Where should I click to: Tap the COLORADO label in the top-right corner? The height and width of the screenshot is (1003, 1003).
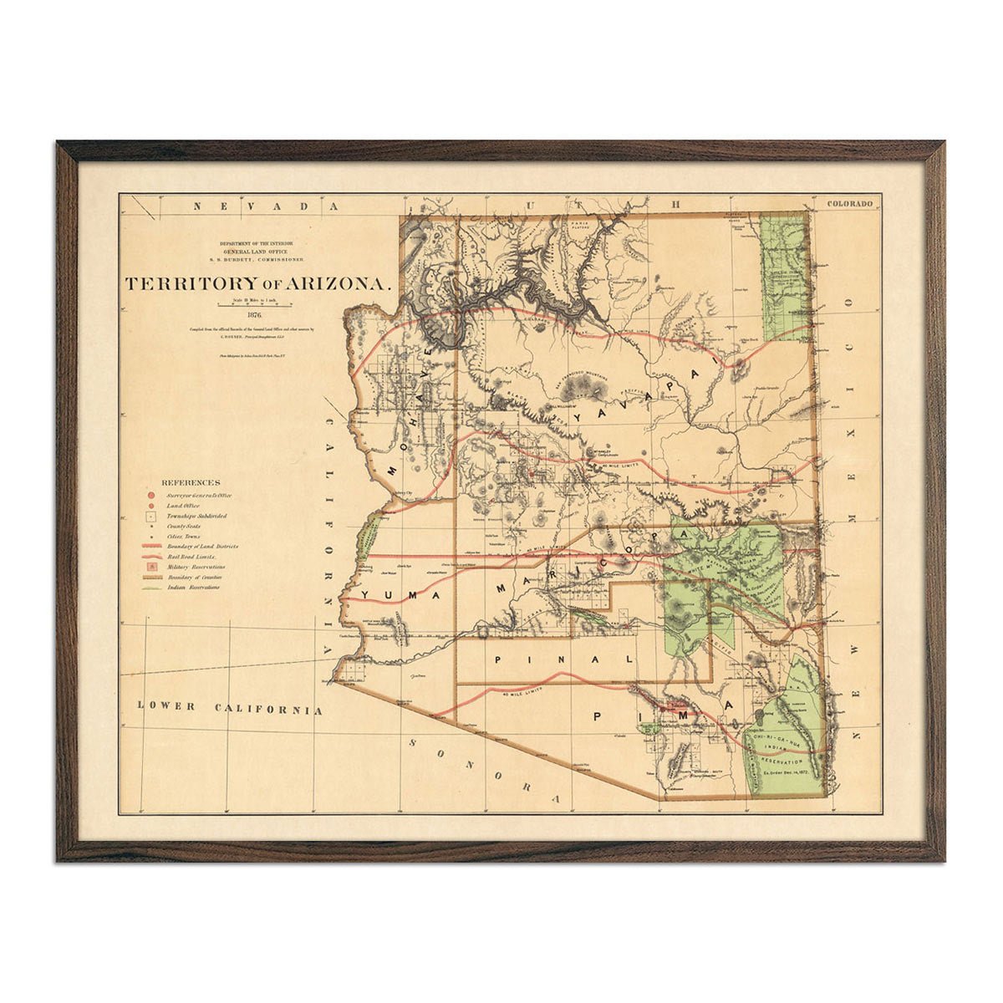(849, 203)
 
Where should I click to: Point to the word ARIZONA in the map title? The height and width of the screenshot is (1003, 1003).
(339, 284)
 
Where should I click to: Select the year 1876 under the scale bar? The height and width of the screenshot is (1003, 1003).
(256, 315)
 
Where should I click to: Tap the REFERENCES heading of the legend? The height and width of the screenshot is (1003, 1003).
(191, 482)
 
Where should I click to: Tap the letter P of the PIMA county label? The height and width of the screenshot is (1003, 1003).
(598, 716)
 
